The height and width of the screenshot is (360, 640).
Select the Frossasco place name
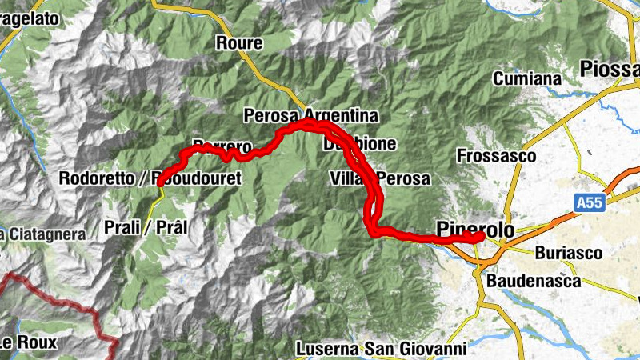pyautogui.click(x=497, y=156)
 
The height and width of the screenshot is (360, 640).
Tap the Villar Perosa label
pyautogui.click(x=380, y=177)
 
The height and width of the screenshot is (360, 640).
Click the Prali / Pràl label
pyautogui.click(x=146, y=227)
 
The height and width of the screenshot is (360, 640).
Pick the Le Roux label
pyautogui.click(x=28, y=344)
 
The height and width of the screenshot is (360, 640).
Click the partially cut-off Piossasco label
pyautogui.click(x=612, y=69)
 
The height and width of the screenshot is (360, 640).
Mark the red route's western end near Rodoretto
pyautogui.click(x=161, y=182)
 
